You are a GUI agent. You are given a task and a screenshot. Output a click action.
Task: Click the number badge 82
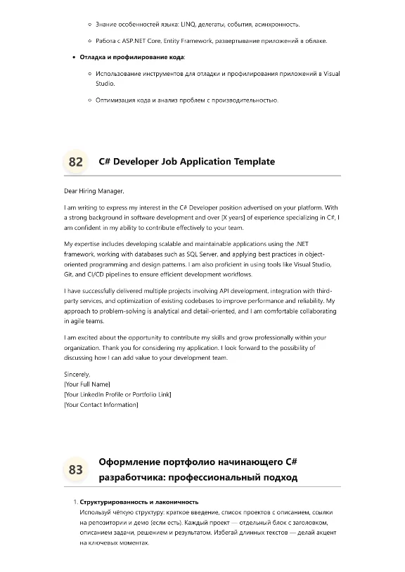(x=75, y=162)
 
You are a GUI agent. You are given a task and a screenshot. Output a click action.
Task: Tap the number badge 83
(x=75, y=469)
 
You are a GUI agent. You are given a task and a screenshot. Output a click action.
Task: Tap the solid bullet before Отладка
(x=73, y=57)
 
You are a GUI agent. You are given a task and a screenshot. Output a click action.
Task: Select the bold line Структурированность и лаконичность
(x=139, y=502)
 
